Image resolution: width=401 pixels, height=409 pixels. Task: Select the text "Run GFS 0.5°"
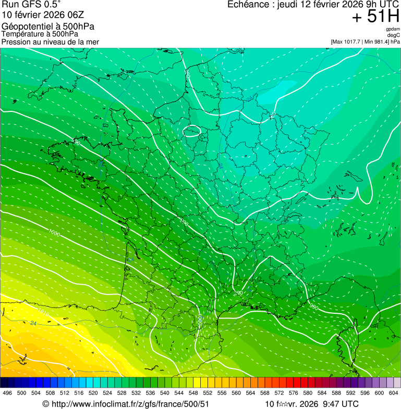[31, 5]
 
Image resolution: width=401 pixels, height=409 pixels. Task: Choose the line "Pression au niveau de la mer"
[50, 42]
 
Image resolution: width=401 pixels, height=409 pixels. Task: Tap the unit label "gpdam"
[393, 29]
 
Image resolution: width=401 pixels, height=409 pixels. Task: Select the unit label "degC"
[394, 35]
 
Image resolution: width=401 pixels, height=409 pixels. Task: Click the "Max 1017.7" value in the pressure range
[346, 42]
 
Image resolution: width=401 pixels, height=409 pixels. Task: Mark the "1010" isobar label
[43, 314]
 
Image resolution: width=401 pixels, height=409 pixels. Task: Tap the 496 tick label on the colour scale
[7, 393]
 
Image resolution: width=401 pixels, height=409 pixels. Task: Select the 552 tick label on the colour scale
[208, 393]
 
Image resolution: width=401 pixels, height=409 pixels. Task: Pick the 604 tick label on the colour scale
[394, 393]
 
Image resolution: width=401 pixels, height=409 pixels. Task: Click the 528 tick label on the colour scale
[121, 393]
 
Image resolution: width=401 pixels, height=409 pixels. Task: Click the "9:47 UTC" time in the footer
[341, 404]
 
